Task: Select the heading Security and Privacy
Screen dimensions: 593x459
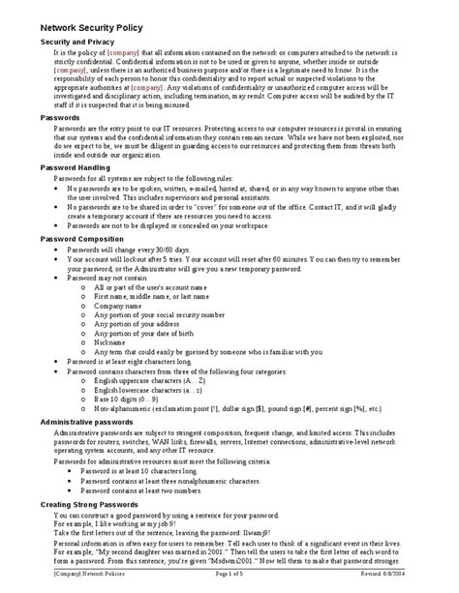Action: (x=77, y=44)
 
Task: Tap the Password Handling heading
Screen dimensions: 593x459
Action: (x=75, y=166)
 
